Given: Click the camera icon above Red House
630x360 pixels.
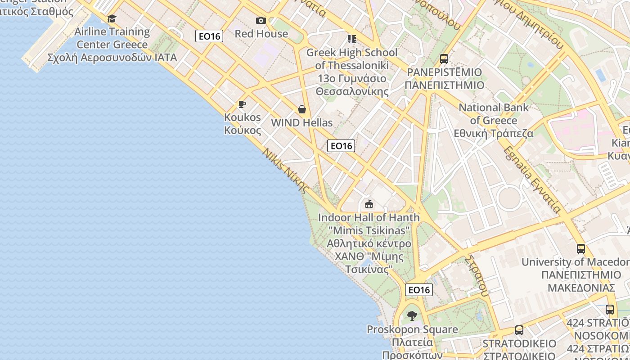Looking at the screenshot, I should (261, 20).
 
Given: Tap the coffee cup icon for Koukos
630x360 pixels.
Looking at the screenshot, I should (242, 104).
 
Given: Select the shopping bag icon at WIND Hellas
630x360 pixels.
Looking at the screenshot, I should (302, 109).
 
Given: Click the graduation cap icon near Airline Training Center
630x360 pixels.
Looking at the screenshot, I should (112, 18).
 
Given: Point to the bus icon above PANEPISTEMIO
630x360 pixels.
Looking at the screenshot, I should (444, 59).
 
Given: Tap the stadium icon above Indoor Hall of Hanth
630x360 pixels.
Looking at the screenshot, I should (369, 204).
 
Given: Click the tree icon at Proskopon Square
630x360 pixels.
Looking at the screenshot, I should (412, 316).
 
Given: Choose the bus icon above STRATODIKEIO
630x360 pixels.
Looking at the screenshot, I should (519, 330).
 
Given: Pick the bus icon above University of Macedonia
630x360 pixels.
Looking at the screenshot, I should (581, 248).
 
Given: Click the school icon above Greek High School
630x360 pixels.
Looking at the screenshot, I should (352, 39).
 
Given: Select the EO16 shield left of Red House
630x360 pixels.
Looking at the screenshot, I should (209, 36).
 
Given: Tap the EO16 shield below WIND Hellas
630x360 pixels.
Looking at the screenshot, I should (341, 146).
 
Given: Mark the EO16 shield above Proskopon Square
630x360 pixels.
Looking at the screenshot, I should (419, 290).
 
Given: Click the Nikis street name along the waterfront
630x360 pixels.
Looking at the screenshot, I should (286, 171).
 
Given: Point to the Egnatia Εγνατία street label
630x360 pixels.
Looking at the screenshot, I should (532, 179).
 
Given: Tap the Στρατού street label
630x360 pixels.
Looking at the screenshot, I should (477, 276).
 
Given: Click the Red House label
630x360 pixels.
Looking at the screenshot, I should (261, 34).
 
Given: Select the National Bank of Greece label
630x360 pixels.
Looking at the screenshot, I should (494, 121).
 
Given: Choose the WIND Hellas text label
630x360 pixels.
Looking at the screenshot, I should (302, 123).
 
